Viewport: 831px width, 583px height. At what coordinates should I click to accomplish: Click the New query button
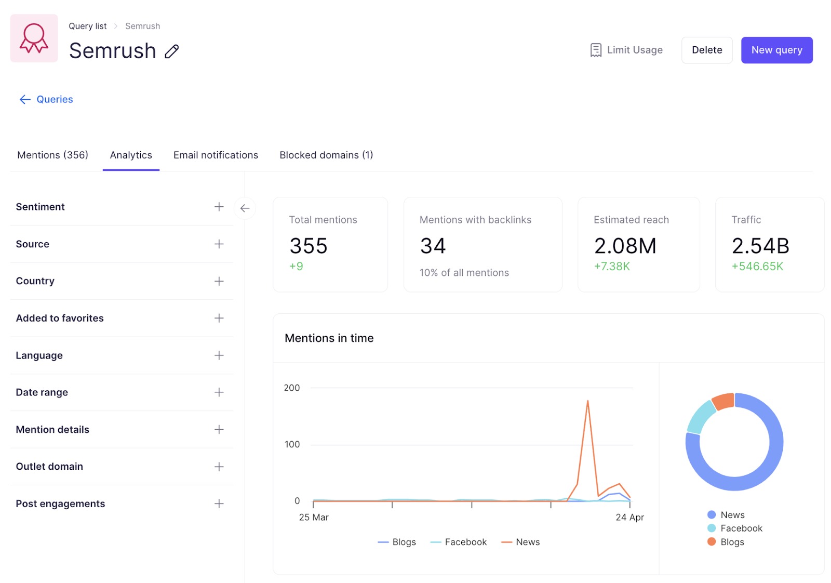click(x=776, y=50)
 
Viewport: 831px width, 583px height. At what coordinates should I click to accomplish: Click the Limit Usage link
click(x=626, y=50)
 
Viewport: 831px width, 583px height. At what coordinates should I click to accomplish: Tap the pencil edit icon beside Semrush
click(x=172, y=51)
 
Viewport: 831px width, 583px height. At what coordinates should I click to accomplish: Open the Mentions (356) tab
click(x=52, y=155)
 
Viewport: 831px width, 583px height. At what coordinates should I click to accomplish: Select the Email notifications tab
click(x=216, y=155)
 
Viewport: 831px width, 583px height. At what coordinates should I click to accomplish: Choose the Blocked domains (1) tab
click(x=326, y=155)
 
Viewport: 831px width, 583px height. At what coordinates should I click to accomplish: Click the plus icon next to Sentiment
click(x=219, y=207)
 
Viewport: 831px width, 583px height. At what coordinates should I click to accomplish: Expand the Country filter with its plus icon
click(x=219, y=281)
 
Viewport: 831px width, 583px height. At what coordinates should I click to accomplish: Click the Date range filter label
click(x=42, y=392)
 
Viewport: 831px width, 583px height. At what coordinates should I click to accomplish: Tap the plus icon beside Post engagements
click(x=219, y=504)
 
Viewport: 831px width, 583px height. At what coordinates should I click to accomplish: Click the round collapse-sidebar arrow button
click(x=245, y=208)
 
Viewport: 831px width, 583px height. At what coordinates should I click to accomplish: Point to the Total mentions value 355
click(x=309, y=246)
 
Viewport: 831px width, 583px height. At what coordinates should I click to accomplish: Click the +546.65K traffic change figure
click(x=757, y=267)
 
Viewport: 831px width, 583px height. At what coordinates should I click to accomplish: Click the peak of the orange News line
click(x=587, y=402)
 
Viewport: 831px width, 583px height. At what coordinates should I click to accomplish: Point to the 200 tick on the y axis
click(x=292, y=388)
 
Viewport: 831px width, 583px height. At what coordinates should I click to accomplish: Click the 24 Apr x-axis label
click(x=629, y=517)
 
